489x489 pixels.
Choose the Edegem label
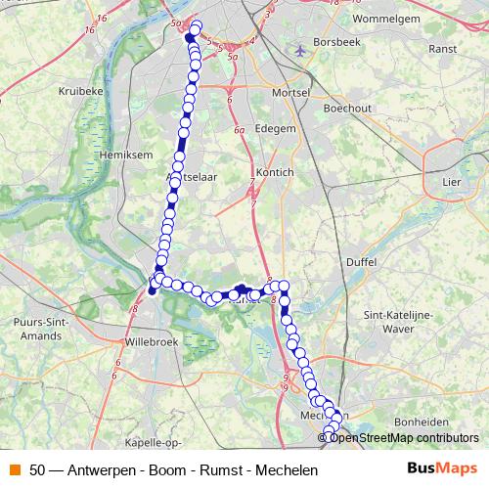tap(274, 127)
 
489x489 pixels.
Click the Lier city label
tap(451, 181)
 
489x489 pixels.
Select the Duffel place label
tap(360, 262)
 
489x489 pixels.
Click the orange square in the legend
tap(15, 469)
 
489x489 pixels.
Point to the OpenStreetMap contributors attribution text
tap(404, 437)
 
